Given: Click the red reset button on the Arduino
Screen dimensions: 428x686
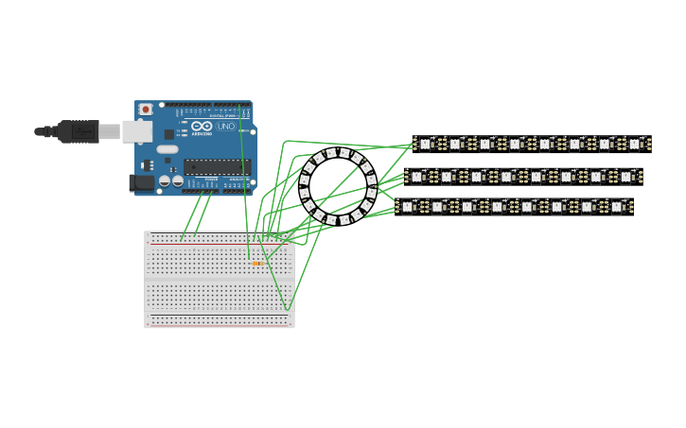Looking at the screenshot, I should pyautogui.click(x=146, y=110).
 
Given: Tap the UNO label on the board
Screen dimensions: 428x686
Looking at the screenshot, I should pyautogui.click(x=226, y=126).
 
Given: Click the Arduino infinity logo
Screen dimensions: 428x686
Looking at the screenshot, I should pyautogui.click(x=202, y=126).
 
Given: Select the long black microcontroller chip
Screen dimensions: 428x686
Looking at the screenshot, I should pyautogui.click(x=217, y=166).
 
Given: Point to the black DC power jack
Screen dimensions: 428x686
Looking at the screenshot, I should pyautogui.click(x=142, y=182).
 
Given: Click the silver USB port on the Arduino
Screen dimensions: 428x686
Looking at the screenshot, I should pyautogui.click(x=137, y=131).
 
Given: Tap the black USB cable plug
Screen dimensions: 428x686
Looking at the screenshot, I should pyautogui.click(x=79, y=131).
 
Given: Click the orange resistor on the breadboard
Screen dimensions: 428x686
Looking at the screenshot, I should pyautogui.click(x=256, y=264).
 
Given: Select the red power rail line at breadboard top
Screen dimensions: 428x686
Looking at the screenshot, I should pyautogui.click(x=219, y=243).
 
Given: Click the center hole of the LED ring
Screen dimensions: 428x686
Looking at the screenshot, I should pyautogui.click(x=338, y=186).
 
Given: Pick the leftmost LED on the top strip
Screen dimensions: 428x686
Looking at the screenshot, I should pyautogui.click(x=425, y=144).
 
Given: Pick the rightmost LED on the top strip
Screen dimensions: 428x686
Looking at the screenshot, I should pyautogui.click(x=635, y=144).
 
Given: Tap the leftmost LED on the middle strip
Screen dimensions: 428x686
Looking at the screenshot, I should pyautogui.click(x=416, y=177).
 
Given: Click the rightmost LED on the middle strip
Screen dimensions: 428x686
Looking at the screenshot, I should pyautogui.click(x=625, y=177).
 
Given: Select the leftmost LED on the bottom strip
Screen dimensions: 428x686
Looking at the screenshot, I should pyautogui.click(x=407, y=206).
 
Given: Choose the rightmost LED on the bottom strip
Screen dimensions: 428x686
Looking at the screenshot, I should pyautogui.click(x=616, y=206).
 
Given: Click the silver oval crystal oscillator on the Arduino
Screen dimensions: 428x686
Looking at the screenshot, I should pyautogui.click(x=167, y=149).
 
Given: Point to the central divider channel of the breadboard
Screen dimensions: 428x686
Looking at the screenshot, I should pyautogui.click(x=219, y=279).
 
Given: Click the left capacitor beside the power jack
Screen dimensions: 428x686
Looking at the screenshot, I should pyautogui.click(x=165, y=180).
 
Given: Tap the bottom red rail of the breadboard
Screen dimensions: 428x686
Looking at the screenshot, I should pyautogui.click(x=219, y=317).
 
